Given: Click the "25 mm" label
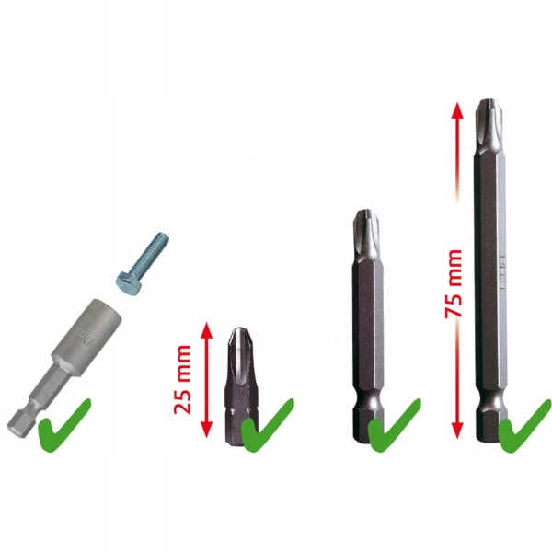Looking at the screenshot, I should click(185, 379).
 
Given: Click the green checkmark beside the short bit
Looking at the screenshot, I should click(269, 424).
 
